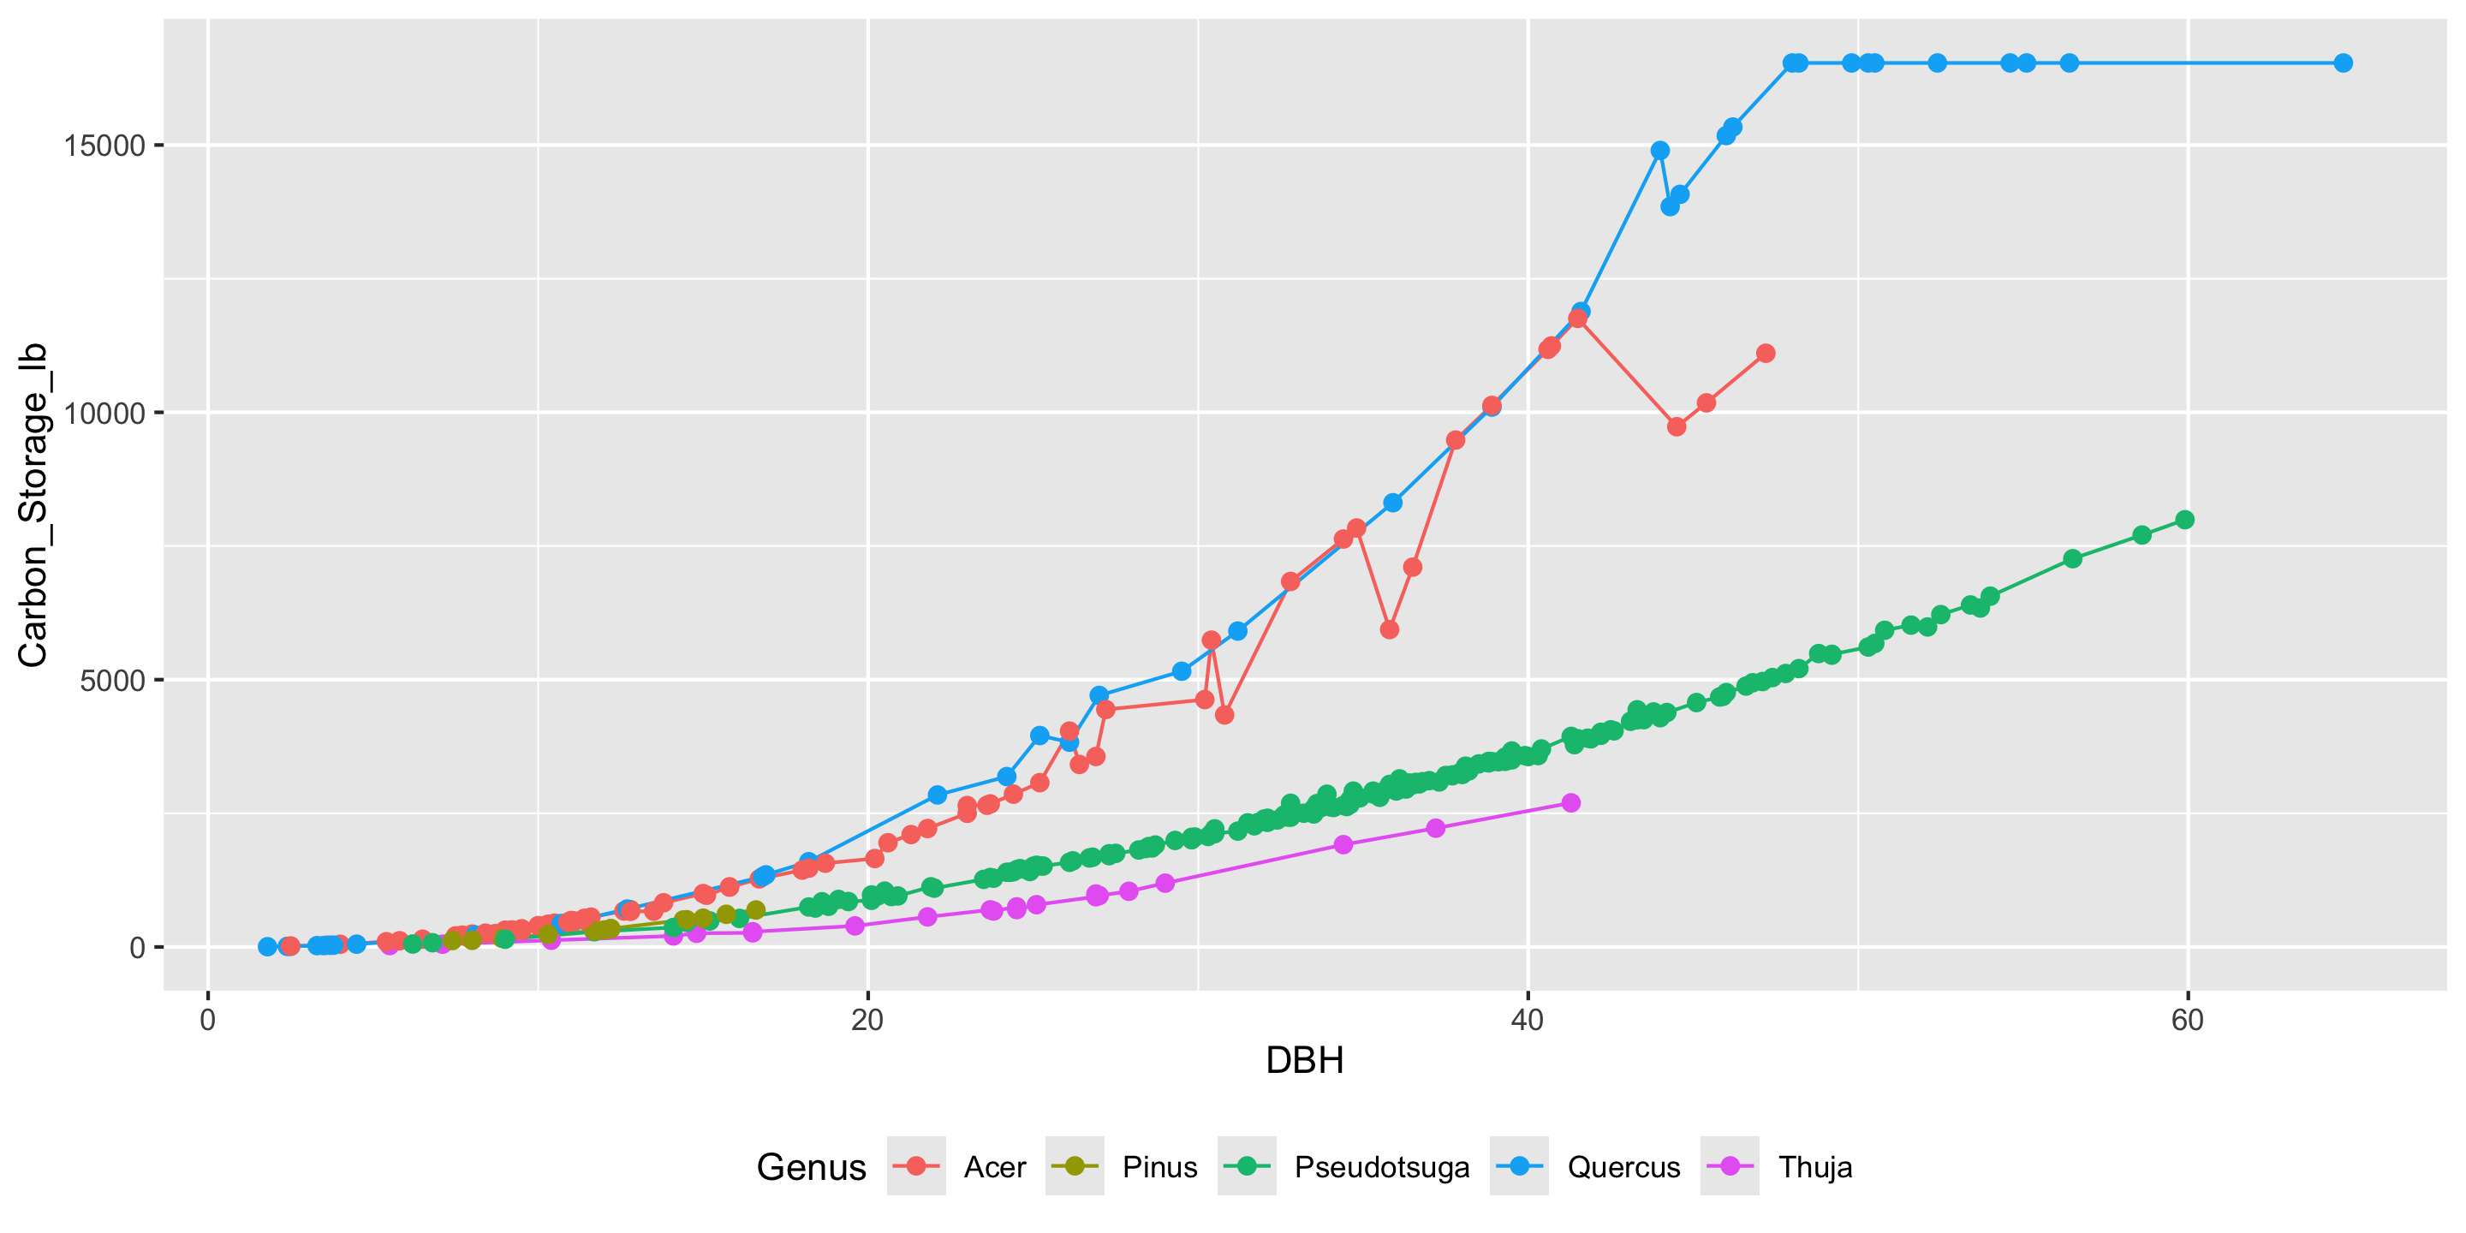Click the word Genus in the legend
pyautogui.click(x=811, y=1167)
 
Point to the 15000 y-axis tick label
pyautogui.click(x=104, y=146)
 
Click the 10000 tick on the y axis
pyautogui.click(x=104, y=414)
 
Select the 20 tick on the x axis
pyautogui.click(x=867, y=1020)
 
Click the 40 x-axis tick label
pyautogui.click(x=1527, y=1020)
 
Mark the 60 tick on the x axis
pyautogui.click(x=2188, y=1020)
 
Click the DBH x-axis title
pyautogui.click(x=1304, y=1061)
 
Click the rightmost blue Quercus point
pyautogui.click(x=2343, y=63)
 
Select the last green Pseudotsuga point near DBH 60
pyautogui.click(x=2184, y=520)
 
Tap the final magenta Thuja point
pyautogui.click(x=1571, y=802)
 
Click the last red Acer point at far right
pyautogui.click(x=1766, y=354)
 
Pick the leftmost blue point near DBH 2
pyautogui.click(x=267, y=946)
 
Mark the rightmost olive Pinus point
pyautogui.click(x=755, y=909)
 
